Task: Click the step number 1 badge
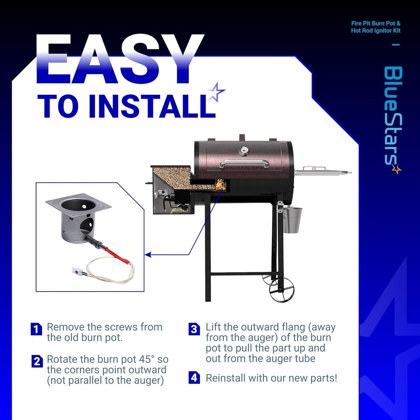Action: click(x=36, y=329)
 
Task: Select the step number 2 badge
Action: click(x=37, y=362)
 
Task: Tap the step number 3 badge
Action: click(x=194, y=329)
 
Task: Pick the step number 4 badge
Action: click(x=194, y=378)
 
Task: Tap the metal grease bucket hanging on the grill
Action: click(x=292, y=219)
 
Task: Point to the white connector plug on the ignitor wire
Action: click(x=77, y=271)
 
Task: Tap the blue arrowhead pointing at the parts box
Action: click(x=148, y=254)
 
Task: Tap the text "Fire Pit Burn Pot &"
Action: click(x=376, y=23)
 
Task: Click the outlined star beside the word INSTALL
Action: click(x=216, y=92)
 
